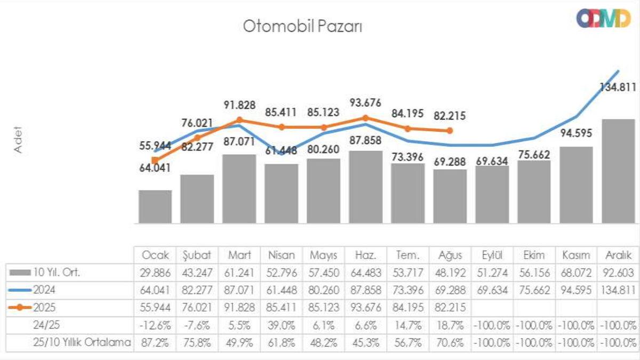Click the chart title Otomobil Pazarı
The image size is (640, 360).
point(302,26)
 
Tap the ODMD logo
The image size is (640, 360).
point(603,18)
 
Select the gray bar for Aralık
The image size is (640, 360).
point(618,171)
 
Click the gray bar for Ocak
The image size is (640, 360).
point(155,206)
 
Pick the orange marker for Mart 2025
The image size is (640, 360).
point(239,121)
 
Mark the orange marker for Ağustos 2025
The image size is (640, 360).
point(450,131)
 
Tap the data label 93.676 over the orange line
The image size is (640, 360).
point(365,102)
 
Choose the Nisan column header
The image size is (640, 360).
point(282,255)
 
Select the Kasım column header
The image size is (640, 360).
point(576,255)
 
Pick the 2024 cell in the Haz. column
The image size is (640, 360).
point(365,291)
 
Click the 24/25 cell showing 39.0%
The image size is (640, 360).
point(282,325)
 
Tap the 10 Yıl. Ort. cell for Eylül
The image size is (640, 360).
point(492,273)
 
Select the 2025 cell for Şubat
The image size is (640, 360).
point(197,308)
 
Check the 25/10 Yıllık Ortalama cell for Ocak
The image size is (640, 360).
point(155,342)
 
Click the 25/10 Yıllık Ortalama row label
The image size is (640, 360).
point(81,342)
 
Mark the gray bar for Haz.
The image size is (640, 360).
point(365,187)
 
